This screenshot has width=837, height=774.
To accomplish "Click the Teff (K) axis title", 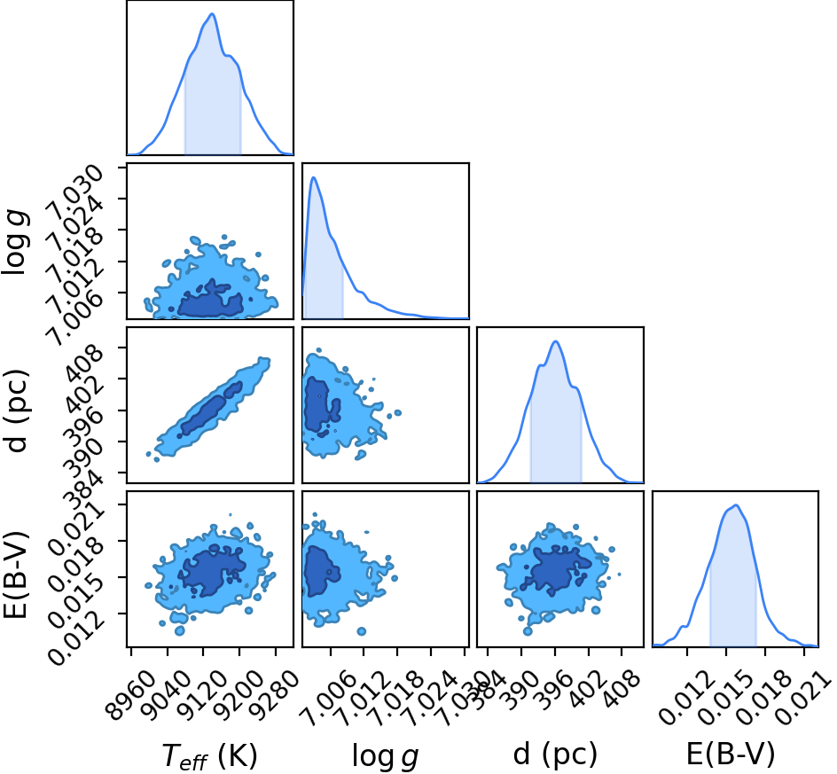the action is (209, 756).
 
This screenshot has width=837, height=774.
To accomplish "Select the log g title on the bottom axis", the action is (385, 756).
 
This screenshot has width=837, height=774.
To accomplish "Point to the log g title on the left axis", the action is (15, 243).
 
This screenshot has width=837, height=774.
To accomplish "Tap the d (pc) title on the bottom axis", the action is (555, 754).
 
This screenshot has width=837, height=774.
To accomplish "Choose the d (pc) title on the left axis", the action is (15, 410).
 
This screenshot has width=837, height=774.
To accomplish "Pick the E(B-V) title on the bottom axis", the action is (731, 754).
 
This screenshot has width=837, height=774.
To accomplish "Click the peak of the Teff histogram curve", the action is (212, 14).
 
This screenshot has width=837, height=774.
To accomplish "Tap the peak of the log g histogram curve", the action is (314, 177).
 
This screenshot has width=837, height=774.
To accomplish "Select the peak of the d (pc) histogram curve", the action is (556, 341).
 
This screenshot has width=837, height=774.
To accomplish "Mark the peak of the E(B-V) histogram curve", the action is (737, 505).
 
